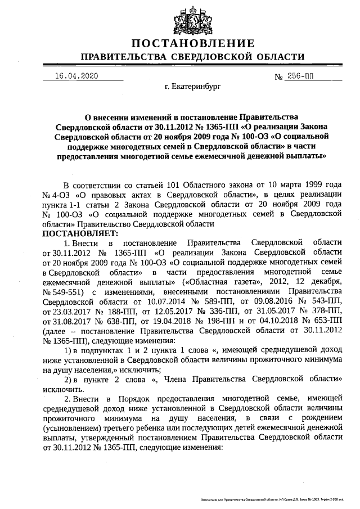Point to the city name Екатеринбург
click(193, 88)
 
